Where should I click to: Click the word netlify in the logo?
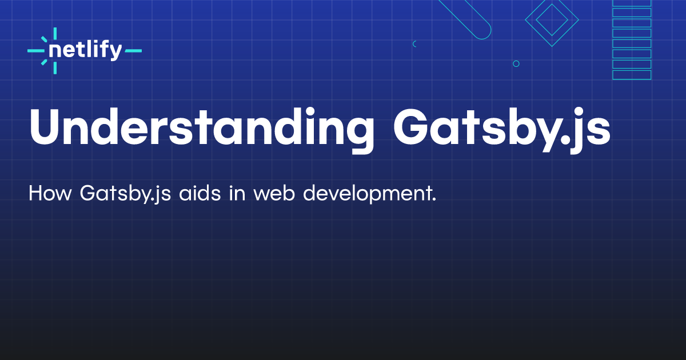pyautogui.click(x=85, y=50)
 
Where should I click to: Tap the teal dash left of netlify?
pyautogui.click(x=36, y=51)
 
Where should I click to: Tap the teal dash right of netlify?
pyautogui.click(x=133, y=51)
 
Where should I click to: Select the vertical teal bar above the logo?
pyautogui.click(x=55, y=33)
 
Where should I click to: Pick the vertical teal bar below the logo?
pyautogui.click(x=55, y=68)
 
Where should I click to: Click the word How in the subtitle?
pyautogui.click(x=50, y=193)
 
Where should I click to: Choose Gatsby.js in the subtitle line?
pyautogui.click(x=125, y=194)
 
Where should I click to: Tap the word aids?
pyautogui.click(x=200, y=193)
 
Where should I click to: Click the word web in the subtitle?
pyautogui.click(x=274, y=193)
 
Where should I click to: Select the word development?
pyautogui.click(x=367, y=194)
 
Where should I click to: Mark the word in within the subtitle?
pyautogui.click(x=237, y=193)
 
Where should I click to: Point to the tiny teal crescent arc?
pyautogui.click(x=413, y=44)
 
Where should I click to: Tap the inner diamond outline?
pyautogui.click(x=552, y=10)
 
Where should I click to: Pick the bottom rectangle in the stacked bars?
pyautogui.click(x=632, y=75)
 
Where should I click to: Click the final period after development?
pyautogui.click(x=434, y=199)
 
